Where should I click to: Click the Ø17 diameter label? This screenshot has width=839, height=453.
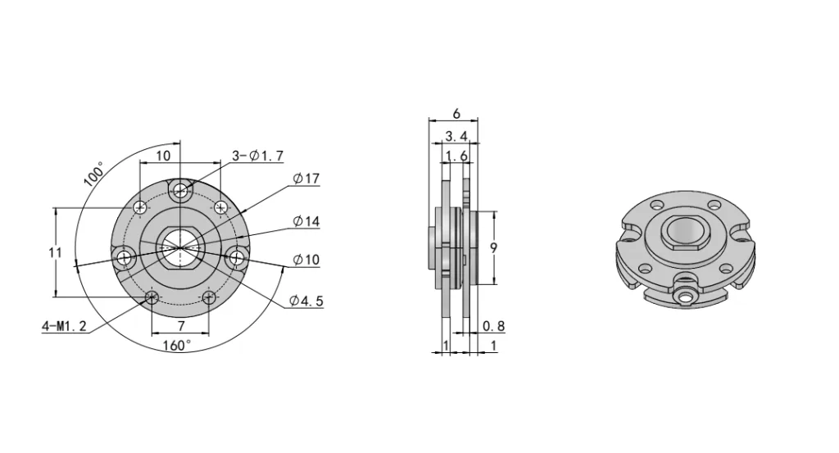pos(306,179)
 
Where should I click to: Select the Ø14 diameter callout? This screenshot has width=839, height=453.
pos(306,221)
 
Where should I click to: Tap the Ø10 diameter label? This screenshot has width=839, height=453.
pos(306,260)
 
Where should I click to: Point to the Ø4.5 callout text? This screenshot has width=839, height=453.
pos(306,301)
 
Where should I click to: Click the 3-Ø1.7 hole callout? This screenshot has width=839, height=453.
pos(257,156)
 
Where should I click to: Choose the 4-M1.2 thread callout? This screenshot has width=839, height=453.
pos(63,326)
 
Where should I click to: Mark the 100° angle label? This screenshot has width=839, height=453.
pos(94,174)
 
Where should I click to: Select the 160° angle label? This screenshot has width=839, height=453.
pos(176,345)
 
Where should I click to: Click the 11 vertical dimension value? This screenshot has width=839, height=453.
pos(55,253)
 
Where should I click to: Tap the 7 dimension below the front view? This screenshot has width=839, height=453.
pos(181,325)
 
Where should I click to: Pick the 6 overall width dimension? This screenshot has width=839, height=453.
pos(456,115)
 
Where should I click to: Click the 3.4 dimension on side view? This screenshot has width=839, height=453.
pos(456,135)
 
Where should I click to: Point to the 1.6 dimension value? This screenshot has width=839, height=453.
pos(456,156)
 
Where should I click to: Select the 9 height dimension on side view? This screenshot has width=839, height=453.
pos(494,248)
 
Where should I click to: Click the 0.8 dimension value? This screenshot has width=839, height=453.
pos(494,326)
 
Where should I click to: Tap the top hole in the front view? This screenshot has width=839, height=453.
pos(181,192)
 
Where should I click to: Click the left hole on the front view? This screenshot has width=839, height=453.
pos(125,259)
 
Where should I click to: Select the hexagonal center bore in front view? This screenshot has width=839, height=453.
pos(180,242)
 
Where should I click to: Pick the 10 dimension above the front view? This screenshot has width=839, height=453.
pos(163,155)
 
